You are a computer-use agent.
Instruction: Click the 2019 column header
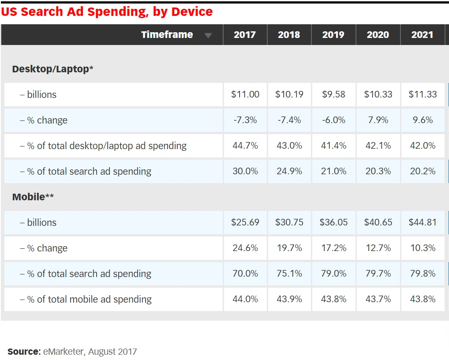(x=333, y=35)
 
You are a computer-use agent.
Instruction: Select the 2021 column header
(x=422, y=35)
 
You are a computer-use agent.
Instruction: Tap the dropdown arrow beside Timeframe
(x=208, y=36)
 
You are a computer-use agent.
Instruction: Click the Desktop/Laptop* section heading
(x=52, y=69)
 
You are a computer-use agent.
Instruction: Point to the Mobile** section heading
(x=33, y=197)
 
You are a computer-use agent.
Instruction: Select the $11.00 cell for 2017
(x=245, y=94)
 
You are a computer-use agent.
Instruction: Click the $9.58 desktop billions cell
(x=333, y=94)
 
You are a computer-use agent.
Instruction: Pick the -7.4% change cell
(x=289, y=120)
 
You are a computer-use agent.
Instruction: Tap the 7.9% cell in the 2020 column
(x=378, y=120)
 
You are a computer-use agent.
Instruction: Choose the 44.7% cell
(x=245, y=146)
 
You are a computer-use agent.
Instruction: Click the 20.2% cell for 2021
(x=423, y=171)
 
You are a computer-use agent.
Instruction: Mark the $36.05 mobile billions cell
(x=333, y=222)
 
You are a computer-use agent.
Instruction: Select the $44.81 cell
(x=423, y=222)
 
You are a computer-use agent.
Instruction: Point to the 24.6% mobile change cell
(x=245, y=248)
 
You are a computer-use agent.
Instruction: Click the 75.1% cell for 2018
(x=289, y=274)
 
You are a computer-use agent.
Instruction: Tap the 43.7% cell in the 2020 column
(x=378, y=299)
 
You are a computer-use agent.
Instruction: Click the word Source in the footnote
(x=24, y=352)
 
